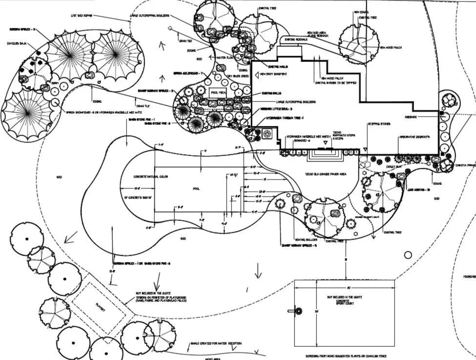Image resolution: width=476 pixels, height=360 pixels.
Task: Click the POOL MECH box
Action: [x=218, y=92]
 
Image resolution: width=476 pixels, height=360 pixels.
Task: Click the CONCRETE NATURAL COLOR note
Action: [x=151, y=177]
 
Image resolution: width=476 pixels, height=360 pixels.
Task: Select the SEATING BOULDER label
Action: [x=307, y=240]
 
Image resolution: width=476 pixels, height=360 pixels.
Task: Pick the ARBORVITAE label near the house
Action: [x=415, y=138]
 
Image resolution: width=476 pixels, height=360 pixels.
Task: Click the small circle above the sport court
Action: [x=408, y=255]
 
